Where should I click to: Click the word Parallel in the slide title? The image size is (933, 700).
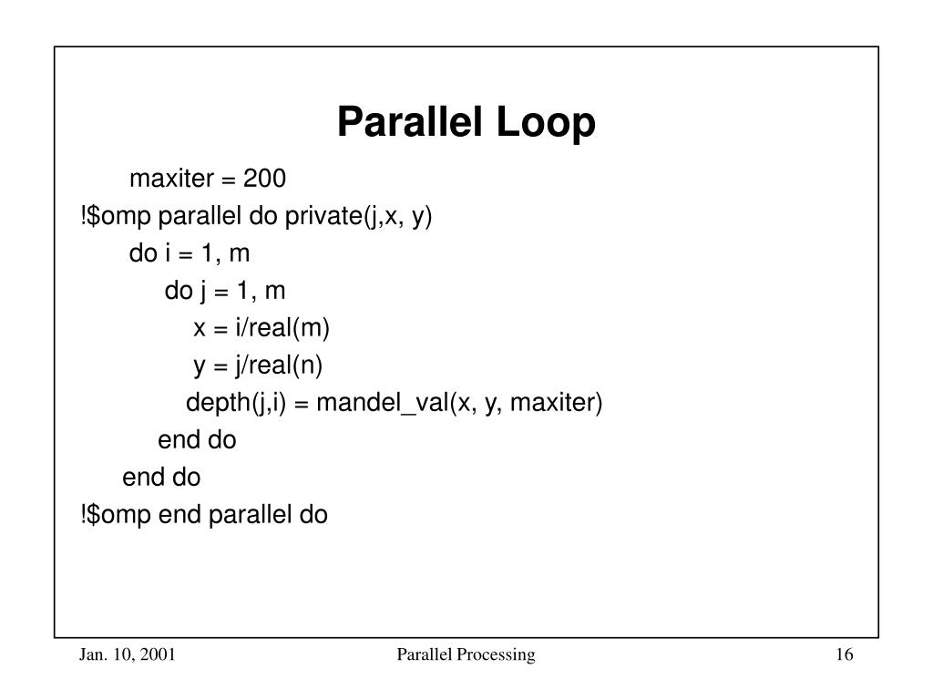[409, 123]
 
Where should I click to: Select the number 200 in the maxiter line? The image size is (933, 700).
[264, 179]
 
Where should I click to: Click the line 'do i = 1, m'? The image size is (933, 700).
[190, 253]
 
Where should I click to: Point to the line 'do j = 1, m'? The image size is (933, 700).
[225, 291]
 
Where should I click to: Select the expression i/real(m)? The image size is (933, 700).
[274, 328]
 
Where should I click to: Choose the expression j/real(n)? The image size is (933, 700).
[274, 365]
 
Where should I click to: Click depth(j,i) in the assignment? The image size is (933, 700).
[237, 403]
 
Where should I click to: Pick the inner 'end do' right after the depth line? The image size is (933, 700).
[197, 440]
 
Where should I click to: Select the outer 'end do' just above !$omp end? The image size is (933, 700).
[161, 478]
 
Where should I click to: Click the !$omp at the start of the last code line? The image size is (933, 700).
[117, 515]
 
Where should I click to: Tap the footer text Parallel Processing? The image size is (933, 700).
[466, 655]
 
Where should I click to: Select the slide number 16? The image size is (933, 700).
[842, 655]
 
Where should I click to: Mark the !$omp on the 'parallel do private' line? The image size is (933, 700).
[117, 216]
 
